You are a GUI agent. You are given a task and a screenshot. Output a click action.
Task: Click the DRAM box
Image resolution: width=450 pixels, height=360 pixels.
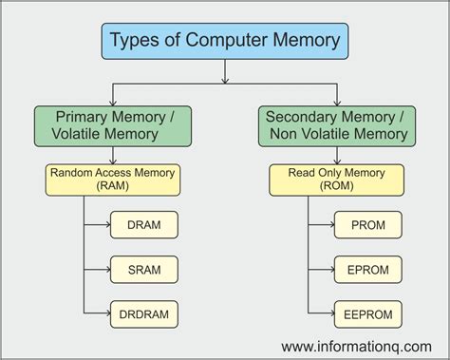click(143, 227)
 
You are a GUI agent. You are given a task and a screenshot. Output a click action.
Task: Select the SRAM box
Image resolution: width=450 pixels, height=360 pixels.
click(143, 269)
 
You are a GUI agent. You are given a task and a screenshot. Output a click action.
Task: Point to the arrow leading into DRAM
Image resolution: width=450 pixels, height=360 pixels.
click(103, 227)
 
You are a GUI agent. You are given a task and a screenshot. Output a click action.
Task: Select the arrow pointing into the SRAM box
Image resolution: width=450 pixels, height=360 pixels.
click(103, 269)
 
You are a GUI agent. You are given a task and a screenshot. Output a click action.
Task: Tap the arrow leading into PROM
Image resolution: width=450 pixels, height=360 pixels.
click(326, 227)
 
